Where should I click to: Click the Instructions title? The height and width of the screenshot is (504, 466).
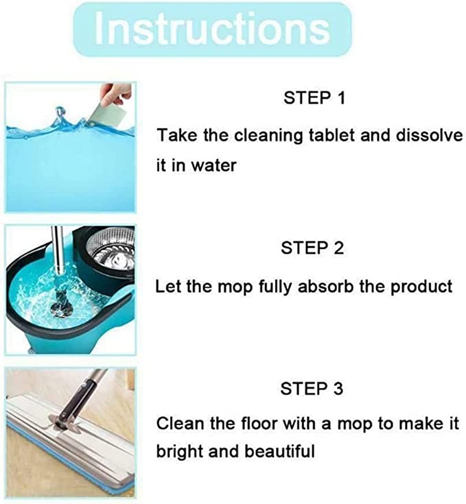(x=212, y=29)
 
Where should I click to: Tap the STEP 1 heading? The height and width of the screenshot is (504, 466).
(x=314, y=97)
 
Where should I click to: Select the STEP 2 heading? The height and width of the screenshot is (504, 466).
(x=312, y=248)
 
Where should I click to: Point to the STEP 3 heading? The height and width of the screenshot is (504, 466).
(x=312, y=388)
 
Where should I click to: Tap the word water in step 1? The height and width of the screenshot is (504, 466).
(x=213, y=165)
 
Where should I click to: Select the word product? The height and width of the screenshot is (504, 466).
(x=421, y=287)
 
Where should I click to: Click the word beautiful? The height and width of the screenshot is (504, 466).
(x=279, y=451)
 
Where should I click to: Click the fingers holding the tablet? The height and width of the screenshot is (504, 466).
(x=116, y=93)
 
